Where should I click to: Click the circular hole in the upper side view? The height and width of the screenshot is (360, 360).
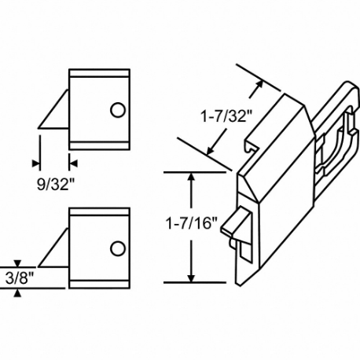point(116,109)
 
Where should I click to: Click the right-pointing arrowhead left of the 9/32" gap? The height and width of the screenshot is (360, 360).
point(35,163)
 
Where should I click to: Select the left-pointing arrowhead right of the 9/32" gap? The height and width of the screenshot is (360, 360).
point(73,163)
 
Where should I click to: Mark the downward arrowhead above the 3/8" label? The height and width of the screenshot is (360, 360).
point(17,263)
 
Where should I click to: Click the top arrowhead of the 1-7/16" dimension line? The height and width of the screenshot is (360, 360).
point(190,177)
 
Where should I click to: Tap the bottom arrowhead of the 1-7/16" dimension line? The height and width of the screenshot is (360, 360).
point(190,276)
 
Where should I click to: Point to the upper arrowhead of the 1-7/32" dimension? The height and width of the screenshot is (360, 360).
point(257,83)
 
